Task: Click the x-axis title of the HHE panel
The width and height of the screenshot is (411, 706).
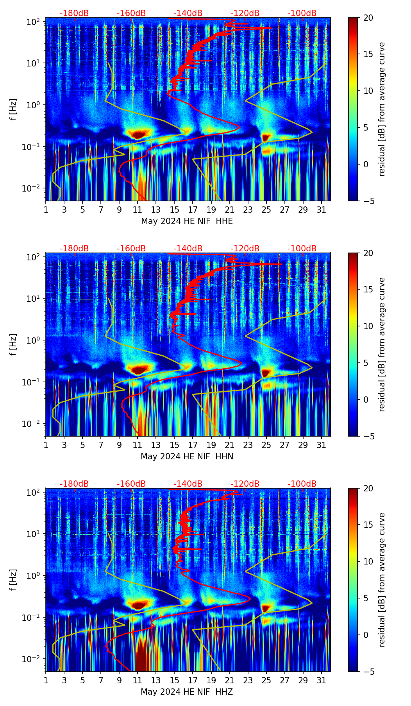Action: coord(187,221)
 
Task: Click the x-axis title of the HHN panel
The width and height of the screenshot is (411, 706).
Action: coord(187,457)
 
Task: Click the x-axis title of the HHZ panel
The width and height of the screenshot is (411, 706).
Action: coord(187,692)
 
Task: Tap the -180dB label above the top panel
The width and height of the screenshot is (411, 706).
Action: coord(74,13)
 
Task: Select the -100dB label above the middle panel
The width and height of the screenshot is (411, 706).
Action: coord(302,249)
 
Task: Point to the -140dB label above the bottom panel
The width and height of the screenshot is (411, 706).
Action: coord(188,484)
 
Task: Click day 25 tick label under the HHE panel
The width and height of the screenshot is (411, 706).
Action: coord(266,210)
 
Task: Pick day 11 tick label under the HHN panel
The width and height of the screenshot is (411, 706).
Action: coord(138,445)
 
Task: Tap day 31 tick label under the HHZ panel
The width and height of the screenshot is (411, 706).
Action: coord(322,680)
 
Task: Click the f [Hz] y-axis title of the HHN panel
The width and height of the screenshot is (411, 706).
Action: coord(13,344)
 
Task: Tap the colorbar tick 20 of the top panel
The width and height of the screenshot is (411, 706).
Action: coord(368,18)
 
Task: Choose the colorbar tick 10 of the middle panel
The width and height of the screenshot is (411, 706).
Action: coord(368,326)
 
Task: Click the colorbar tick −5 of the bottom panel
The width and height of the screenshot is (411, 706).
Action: coord(368,672)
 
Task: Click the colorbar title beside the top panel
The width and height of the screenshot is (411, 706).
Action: coord(382,109)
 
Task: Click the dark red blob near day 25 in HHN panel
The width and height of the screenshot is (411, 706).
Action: coord(266,373)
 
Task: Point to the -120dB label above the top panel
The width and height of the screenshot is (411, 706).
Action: coord(245,13)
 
